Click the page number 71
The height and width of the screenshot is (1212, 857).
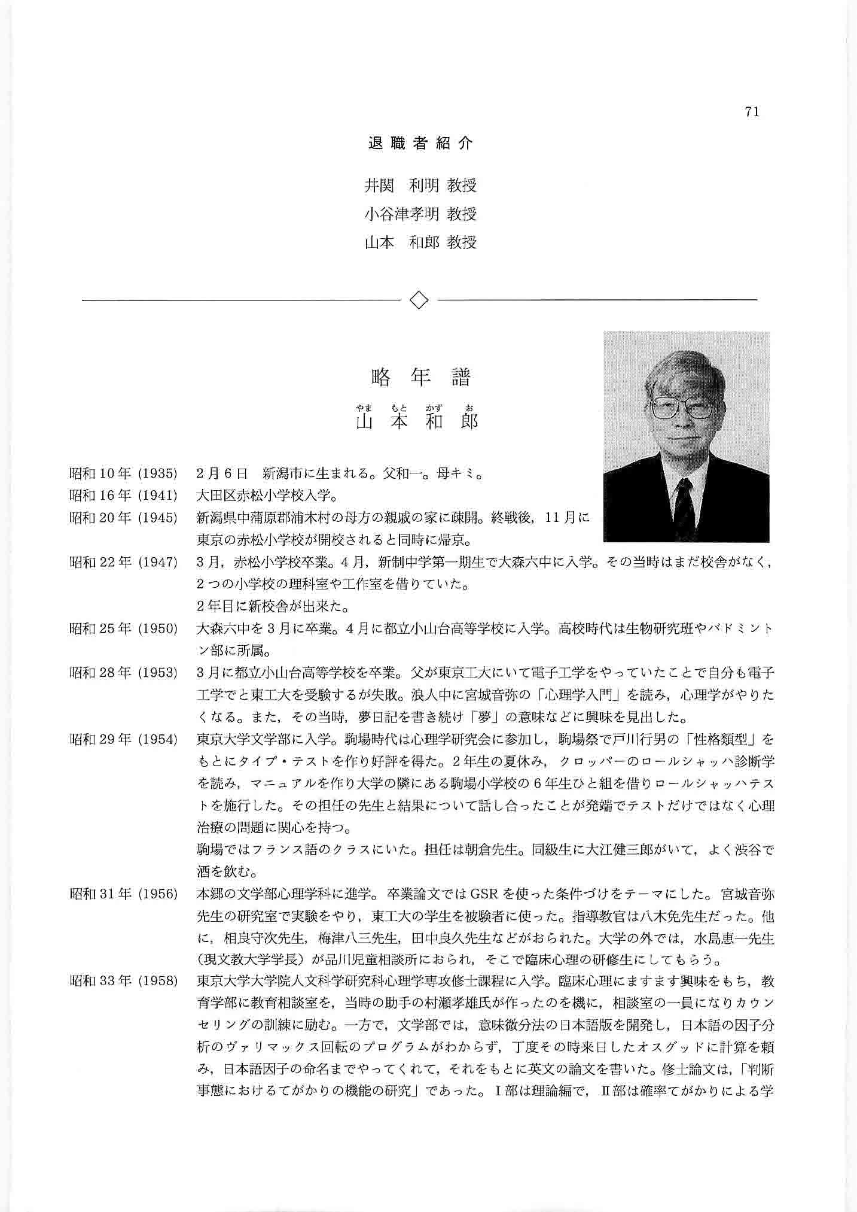(752, 112)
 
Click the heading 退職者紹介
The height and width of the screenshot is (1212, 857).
(420, 144)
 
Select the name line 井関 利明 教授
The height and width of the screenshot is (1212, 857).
(420, 186)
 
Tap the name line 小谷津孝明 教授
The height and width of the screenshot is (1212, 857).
(420, 214)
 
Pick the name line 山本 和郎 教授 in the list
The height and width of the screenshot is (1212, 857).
(420, 242)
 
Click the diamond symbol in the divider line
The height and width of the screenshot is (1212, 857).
(419, 299)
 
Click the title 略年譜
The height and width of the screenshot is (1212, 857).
(420, 377)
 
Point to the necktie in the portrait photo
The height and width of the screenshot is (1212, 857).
(684, 503)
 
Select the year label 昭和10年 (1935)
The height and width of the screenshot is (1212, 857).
(124, 474)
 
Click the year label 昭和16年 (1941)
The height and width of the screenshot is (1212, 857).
(124, 496)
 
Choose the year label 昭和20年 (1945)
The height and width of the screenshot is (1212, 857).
(124, 518)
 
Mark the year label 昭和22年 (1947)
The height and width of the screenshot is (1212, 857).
(124, 562)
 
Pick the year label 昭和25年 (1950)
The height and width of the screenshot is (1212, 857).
(124, 628)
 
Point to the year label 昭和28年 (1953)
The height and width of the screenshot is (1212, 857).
(124, 673)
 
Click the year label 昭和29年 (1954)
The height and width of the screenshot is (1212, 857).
(124, 739)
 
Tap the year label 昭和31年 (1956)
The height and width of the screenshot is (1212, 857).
(124, 894)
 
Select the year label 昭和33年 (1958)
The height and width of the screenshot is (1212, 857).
(124, 982)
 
